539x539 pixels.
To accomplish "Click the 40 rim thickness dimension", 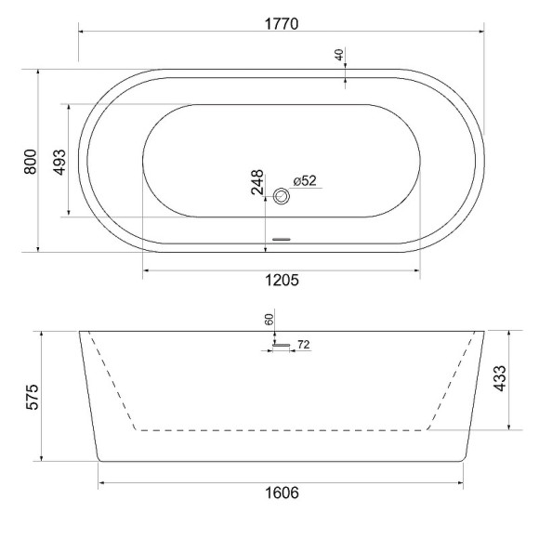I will coord(340,55).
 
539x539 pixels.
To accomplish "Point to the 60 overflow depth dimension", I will coord(269,320).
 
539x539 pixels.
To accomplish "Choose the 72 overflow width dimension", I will coord(303,346).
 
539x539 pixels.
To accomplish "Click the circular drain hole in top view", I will coord(283,196).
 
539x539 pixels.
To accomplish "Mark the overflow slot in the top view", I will coord(281,240).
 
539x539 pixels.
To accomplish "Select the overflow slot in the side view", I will coord(281,347).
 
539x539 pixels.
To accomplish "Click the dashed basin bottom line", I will coord(281,430).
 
